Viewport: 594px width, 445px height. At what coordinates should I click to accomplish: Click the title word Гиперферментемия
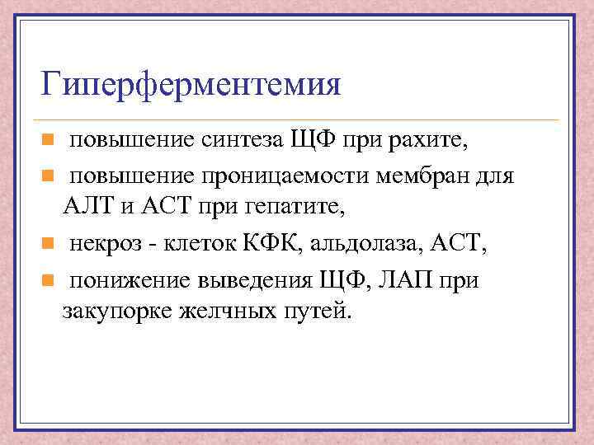click(191, 86)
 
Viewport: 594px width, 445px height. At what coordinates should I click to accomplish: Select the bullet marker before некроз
click(49, 245)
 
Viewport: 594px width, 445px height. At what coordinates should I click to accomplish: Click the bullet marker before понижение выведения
click(49, 280)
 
